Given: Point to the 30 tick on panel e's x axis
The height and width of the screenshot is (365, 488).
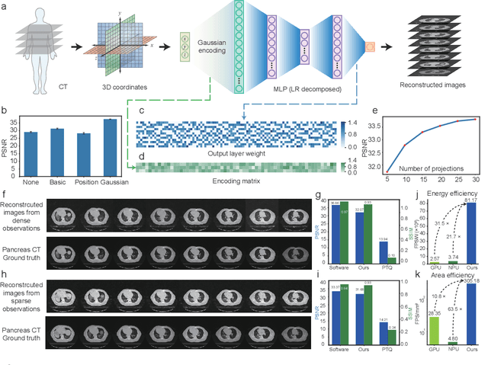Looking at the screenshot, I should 477,180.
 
